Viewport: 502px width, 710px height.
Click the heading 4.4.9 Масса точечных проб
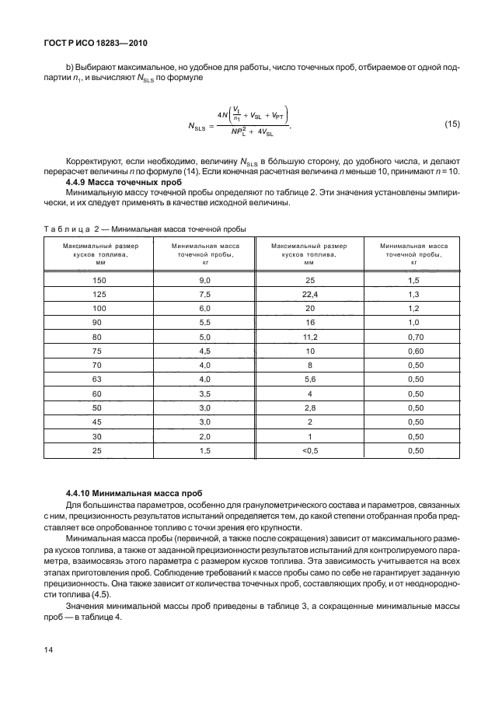(x=113, y=181)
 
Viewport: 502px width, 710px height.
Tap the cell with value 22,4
(x=310, y=294)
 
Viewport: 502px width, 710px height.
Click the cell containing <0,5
(x=310, y=450)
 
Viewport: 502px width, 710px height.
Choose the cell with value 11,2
(x=310, y=337)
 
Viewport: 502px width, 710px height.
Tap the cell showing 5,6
(x=310, y=379)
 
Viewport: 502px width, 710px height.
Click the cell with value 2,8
(x=310, y=407)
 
